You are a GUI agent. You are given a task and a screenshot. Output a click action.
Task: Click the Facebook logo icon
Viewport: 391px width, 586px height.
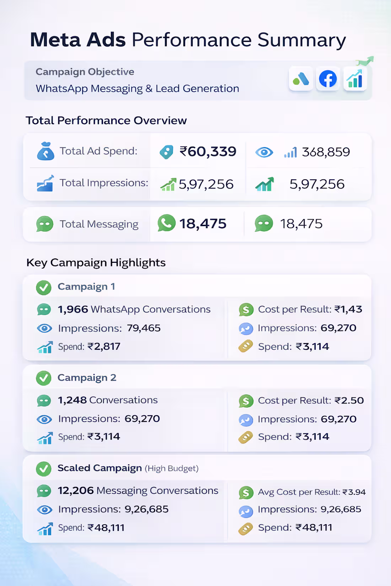pyautogui.click(x=328, y=79)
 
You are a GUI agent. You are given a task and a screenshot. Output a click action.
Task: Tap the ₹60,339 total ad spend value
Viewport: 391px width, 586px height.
pyautogui.click(x=208, y=152)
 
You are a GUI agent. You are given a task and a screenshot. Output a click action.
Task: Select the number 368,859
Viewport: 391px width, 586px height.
pyautogui.click(x=326, y=152)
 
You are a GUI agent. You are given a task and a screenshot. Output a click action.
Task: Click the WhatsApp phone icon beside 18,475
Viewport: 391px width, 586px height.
pyautogui.click(x=166, y=223)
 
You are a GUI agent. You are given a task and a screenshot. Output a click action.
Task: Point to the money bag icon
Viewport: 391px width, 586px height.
pyautogui.click(x=45, y=151)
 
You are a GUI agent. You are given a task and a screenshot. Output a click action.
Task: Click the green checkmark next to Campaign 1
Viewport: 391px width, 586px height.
pyautogui.click(x=44, y=287)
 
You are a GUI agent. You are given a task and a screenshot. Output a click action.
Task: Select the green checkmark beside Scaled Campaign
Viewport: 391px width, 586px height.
pyautogui.click(x=44, y=469)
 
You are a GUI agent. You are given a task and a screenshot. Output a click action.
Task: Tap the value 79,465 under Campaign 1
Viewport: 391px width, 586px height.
pyautogui.click(x=144, y=328)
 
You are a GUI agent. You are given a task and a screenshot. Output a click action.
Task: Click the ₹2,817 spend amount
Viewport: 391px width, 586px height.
pyautogui.click(x=104, y=346)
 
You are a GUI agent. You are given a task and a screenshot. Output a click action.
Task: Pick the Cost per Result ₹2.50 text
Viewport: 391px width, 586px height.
pyautogui.click(x=311, y=401)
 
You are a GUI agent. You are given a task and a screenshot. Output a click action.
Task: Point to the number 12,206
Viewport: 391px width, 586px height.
pyautogui.click(x=76, y=490)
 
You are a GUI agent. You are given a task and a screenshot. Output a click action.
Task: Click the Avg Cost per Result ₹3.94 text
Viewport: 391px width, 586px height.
pyautogui.click(x=312, y=492)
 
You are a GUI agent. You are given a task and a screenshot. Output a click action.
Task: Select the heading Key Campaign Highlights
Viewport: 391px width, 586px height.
pyautogui.click(x=96, y=262)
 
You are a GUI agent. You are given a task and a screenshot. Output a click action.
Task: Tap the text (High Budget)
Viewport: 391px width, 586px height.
pyautogui.click(x=171, y=468)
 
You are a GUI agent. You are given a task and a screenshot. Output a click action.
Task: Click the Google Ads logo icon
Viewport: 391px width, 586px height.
pyautogui.click(x=301, y=79)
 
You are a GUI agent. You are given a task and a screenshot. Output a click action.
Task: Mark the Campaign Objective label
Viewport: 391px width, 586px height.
pyautogui.click(x=85, y=72)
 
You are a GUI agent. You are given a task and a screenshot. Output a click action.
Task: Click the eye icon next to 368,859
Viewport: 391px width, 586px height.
pyautogui.click(x=264, y=152)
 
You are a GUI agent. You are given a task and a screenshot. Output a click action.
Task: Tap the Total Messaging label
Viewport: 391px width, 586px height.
pyautogui.click(x=99, y=224)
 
